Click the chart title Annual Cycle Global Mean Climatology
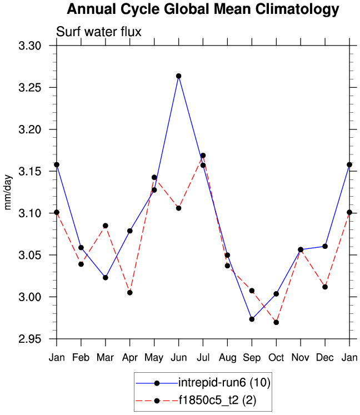202,9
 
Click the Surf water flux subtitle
99,32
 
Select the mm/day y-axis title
9,192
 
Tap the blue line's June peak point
178,76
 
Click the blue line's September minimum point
252,319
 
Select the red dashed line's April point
129,292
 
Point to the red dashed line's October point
276,322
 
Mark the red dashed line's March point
106,226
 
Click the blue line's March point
106,277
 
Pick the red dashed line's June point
178,208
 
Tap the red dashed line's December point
325,287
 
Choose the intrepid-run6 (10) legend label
224,383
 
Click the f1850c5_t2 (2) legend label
217,400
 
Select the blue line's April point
129,231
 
